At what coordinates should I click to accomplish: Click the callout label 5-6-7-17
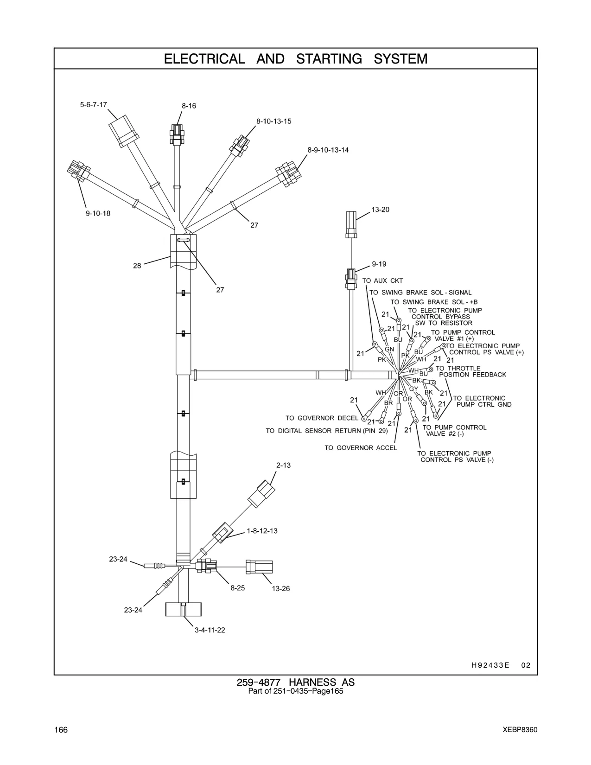coord(93,105)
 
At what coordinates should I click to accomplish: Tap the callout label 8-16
coord(189,106)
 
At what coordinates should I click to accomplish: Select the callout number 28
coord(137,266)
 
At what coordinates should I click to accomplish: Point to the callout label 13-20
coord(380,210)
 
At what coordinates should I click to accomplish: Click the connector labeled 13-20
coord(351,224)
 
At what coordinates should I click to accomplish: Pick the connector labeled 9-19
coord(351,279)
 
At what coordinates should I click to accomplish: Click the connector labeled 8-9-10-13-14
coord(288,174)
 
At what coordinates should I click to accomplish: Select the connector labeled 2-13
coord(261,494)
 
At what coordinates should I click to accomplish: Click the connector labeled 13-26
coord(259,567)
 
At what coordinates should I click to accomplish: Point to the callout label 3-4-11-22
coord(210,630)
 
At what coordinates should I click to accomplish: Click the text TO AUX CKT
coord(382,280)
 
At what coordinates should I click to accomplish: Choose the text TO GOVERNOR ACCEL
coord(361,448)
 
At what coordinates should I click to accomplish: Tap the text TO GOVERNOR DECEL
coord(322,418)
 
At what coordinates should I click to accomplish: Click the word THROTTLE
coord(464,368)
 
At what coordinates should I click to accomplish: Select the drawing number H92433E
coord(490,665)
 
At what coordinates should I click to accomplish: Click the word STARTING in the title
coord(329,59)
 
